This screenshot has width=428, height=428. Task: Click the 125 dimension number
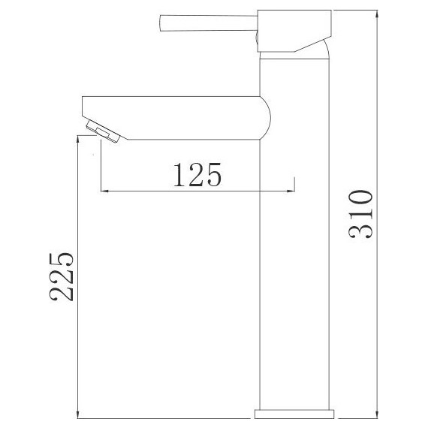197,175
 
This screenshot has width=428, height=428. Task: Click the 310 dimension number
360,214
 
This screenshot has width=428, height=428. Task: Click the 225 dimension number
62,277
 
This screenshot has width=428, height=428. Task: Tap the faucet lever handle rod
209,23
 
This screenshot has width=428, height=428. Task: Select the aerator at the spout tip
103,132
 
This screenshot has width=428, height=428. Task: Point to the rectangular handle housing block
294,31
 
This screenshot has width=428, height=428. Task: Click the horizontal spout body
176,118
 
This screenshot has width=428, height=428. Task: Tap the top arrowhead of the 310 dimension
377,14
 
